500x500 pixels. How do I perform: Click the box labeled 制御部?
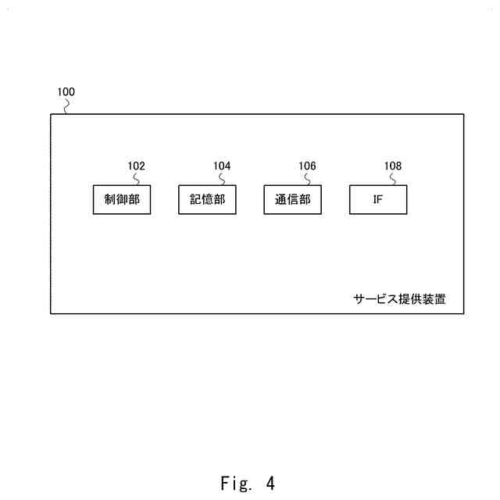click(121, 199)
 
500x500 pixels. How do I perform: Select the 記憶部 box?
click(207, 199)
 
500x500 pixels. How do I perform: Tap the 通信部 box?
click(292, 199)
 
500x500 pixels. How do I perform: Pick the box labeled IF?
click(378, 199)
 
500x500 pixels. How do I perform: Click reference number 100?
click(66, 92)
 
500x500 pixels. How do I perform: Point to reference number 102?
click(136, 166)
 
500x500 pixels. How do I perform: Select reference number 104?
click(222, 166)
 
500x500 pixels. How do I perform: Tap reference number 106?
click(307, 166)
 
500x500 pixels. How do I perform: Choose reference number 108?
click(392, 166)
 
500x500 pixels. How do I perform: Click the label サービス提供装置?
click(399, 299)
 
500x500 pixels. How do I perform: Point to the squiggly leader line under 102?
click(136, 179)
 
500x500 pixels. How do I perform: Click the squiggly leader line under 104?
click(222, 179)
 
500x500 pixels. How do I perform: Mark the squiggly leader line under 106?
click(307, 179)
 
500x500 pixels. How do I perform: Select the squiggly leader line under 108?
click(393, 179)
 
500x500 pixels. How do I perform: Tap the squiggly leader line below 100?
click(66, 106)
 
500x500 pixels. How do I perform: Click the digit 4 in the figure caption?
click(270, 484)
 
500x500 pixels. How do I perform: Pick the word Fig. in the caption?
click(231, 484)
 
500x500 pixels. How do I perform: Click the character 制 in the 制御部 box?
click(110, 199)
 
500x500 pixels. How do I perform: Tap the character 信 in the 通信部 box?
click(292, 199)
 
